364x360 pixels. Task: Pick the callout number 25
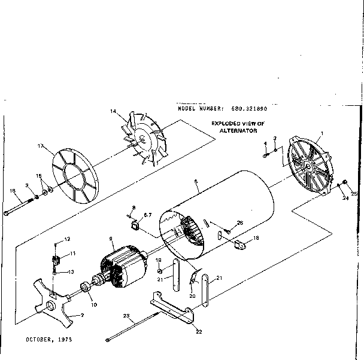coord(354,193)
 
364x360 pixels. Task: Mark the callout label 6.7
coord(148,214)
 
